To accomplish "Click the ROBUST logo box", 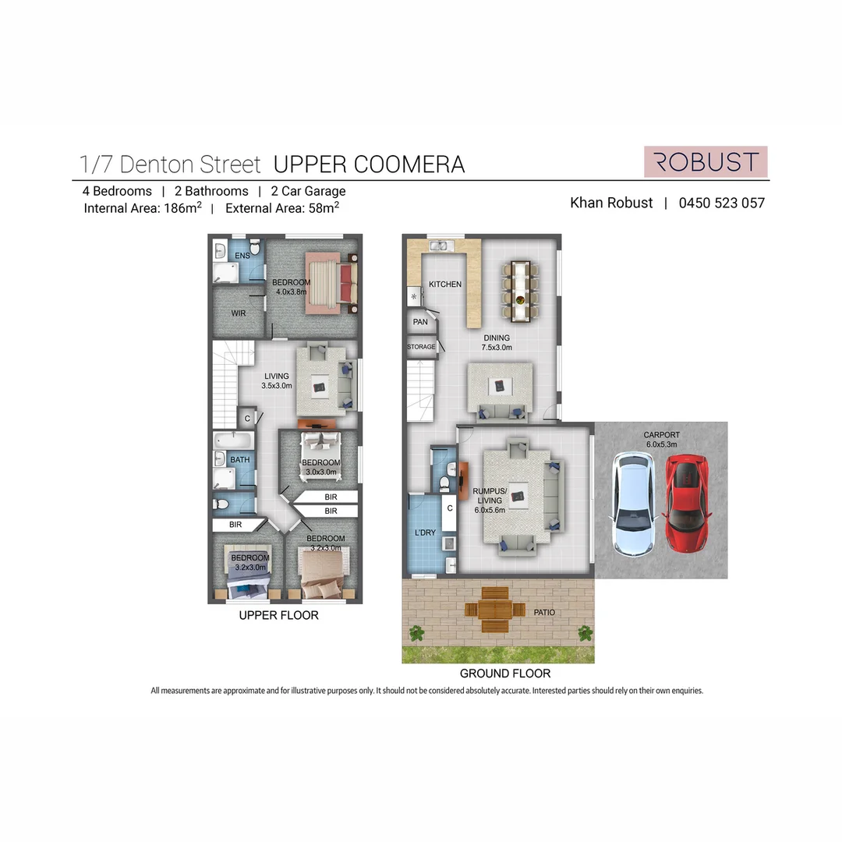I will [x=706, y=161].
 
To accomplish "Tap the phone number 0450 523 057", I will [x=721, y=203].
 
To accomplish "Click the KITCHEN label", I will [x=444, y=285].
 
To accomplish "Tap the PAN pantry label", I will [x=420, y=321].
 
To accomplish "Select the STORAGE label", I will [x=421, y=347].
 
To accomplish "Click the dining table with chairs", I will [x=519, y=292].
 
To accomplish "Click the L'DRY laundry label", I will [x=425, y=532].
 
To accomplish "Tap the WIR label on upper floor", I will [x=239, y=313].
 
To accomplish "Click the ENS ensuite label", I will [x=242, y=255].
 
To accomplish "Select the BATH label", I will [x=239, y=460].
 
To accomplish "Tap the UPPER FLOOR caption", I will [x=278, y=615].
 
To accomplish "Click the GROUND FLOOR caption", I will [x=504, y=674].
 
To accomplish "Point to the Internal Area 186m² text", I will [x=143, y=208].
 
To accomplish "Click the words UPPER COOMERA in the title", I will [x=369, y=165].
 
